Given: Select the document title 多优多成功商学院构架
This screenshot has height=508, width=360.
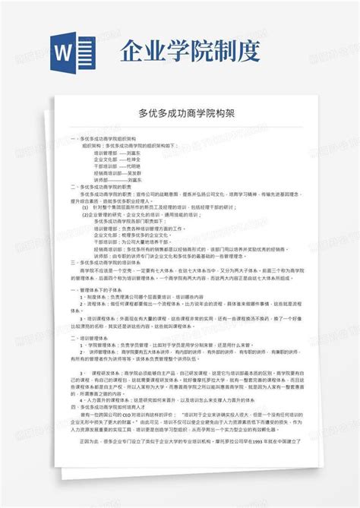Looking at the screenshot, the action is [x=179, y=112].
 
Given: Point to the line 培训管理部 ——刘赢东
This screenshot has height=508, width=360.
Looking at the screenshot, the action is [x=122, y=153].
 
